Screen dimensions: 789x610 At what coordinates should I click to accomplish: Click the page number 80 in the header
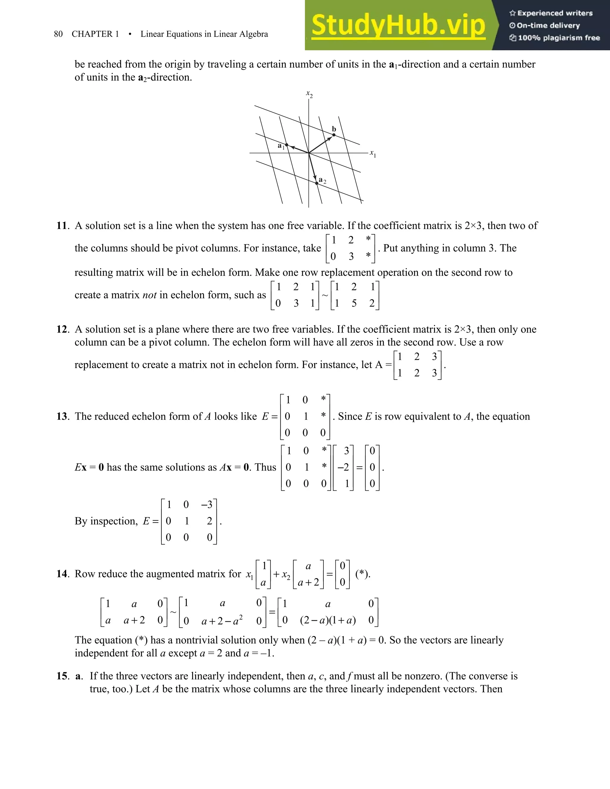coord(58,34)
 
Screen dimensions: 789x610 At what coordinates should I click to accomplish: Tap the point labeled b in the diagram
coord(334,135)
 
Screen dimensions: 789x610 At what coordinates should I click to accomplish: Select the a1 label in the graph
coord(281,146)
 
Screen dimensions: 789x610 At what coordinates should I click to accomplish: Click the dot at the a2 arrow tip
coord(317,183)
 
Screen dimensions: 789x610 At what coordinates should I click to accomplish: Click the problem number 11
coord(62,226)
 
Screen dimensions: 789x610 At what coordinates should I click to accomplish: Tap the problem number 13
coord(62,416)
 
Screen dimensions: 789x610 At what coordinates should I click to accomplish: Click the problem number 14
coord(62,574)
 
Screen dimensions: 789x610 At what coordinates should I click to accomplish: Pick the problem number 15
coord(62,676)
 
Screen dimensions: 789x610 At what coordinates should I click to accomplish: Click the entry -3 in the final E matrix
coord(207,504)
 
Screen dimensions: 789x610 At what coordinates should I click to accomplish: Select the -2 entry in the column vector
coord(343,467)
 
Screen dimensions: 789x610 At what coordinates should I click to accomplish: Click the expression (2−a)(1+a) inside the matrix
coord(328,621)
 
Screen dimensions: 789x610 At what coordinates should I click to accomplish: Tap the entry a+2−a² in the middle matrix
coord(222,621)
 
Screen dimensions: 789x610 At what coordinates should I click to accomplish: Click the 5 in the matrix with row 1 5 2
coord(354,303)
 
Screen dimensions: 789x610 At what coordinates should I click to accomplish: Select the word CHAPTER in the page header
coord(92,34)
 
